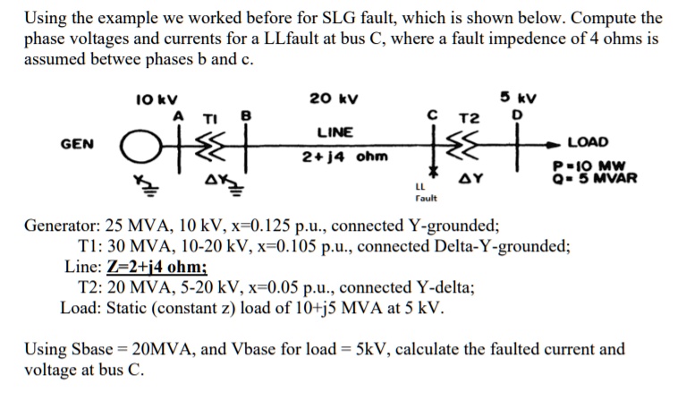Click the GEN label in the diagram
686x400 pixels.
click(78, 143)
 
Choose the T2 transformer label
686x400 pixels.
click(469, 118)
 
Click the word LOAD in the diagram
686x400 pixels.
click(588, 142)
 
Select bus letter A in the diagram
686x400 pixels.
click(178, 115)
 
